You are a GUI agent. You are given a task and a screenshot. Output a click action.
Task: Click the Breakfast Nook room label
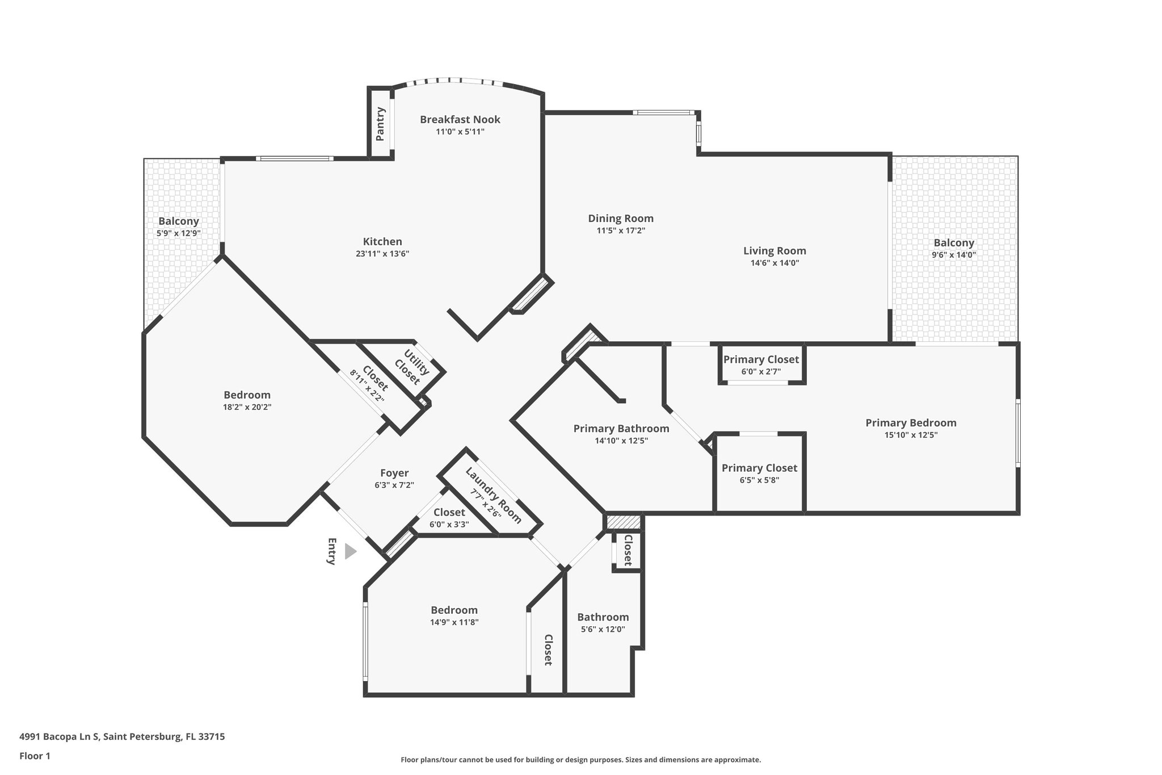click(460, 119)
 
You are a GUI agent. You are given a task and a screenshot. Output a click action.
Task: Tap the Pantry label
click(380, 124)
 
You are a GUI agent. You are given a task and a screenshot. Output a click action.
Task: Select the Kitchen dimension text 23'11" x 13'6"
click(382, 254)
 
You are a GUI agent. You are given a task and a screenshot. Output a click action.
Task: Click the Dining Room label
click(621, 219)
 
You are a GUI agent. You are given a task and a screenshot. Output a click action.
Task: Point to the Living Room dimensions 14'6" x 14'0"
click(774, 263)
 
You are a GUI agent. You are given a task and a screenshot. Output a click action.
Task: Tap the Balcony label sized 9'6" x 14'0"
click(954, 243)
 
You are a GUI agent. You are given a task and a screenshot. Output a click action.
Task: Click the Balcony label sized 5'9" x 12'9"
click(179, 221)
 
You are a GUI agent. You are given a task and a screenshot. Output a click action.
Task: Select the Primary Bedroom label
click(911, 423)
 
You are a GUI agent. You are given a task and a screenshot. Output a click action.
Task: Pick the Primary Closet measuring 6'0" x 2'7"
click(761, 359)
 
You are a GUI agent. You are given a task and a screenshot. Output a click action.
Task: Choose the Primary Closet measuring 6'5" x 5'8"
click(759, 468)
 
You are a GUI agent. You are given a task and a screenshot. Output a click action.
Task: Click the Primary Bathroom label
click(621, 429)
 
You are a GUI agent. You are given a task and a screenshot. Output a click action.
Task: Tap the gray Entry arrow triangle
click(350, 551)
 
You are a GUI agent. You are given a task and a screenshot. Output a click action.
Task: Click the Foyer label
click(394, 473)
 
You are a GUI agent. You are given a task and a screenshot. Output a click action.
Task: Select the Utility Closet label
click(412, 367)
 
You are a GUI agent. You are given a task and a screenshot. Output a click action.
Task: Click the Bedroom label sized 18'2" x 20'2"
click(247, 395)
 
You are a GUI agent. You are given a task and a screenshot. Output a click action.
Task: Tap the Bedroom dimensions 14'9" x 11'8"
click(454, 622)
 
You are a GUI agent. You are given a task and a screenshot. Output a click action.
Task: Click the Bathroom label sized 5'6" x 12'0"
click(603, 617)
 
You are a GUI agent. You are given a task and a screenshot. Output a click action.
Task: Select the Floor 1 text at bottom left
click(35, 756)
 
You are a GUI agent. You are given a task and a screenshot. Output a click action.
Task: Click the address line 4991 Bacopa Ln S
click(122, 736)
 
